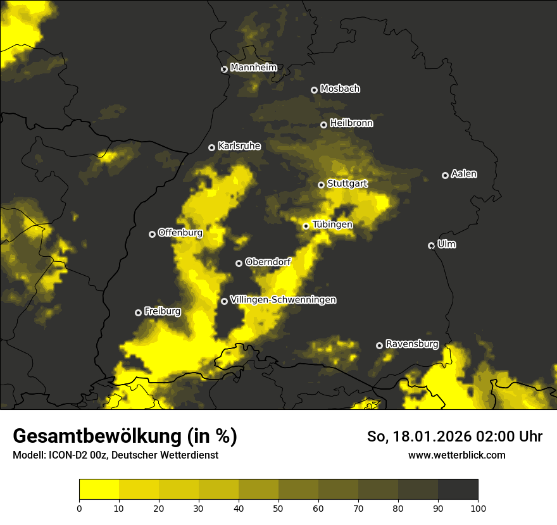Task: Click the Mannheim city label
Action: click(x=253, y=68)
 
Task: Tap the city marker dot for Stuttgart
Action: click(x=321, y=185)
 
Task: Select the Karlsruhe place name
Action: click(x=239, y=146)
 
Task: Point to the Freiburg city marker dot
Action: click(x=138, y=312)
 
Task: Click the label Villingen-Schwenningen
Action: click(x=283, y=300)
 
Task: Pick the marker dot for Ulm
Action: click(x=431, y=245)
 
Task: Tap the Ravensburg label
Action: click(x=411, y=344)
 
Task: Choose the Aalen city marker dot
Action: click(x=445, y=175)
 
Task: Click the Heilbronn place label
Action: click(x=351, y=123)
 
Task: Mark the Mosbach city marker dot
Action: click(x=314, y=90)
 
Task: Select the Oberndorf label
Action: click(x=268, y=262)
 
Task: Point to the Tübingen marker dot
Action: click(x=306, y=226)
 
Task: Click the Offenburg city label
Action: click(x=180, y=233)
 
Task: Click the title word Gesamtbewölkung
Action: click(x=97, y=436)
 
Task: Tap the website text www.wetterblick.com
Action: click(x=456, y=455)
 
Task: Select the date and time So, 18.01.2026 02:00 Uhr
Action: click(x=454, y=436)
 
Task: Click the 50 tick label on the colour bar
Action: click(x=278, y=507)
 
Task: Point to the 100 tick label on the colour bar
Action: click(x=478, y=507)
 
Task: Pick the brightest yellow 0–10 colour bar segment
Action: click(x=99, y=489)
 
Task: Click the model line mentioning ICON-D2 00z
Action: click(x=115, y=455)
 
